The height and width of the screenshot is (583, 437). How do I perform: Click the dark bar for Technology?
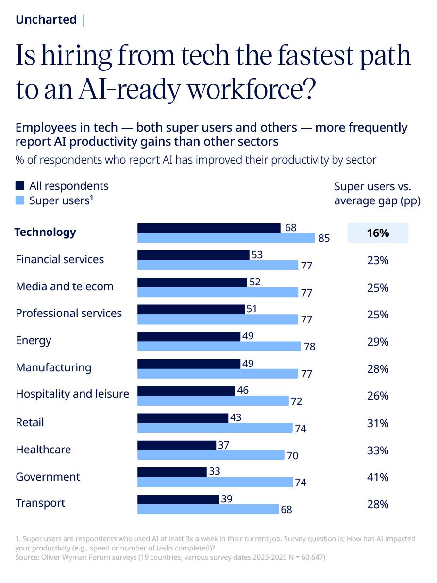click(209, 228)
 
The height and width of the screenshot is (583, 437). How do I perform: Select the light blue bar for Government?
click(215, 482)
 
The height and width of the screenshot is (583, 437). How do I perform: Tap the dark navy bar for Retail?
click(183, 418)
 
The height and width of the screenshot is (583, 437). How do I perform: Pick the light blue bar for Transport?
click(208, 509)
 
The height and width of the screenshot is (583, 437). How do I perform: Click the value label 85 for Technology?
click(324, 238)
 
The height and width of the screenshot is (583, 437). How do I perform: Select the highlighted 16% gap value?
click(378, 233)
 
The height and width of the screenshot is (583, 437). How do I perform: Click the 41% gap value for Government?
click(378, 477)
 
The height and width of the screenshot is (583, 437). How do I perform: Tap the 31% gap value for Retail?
click(378, 423)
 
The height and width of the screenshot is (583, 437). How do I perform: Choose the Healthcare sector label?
click(43, 450)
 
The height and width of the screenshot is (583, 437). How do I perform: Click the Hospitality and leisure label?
click(72, 394)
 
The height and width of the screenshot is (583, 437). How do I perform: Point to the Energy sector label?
click(33, 340)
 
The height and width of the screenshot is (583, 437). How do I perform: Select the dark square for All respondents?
click(20, 186)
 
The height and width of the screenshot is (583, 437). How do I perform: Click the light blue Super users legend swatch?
click(20, 200)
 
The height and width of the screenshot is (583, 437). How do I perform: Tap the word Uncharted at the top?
click(46, 20)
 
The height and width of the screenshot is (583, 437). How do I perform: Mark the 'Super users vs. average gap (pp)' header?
click(377, 194)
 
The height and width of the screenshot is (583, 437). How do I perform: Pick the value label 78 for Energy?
click(310, 347)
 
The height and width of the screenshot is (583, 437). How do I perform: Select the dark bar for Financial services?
click(193, 255)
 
